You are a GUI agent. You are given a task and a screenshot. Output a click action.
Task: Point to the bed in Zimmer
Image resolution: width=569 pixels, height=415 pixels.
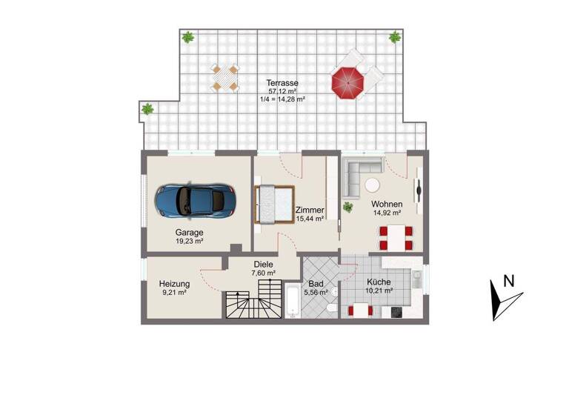[x=273, y=204]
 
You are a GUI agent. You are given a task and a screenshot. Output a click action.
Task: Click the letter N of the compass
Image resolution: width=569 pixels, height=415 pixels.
[x=508, y=281]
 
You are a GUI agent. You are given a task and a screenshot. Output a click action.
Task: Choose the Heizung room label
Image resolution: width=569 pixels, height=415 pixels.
[x=174, y=284]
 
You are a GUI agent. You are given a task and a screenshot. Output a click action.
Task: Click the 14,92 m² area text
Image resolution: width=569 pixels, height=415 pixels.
[x=387, y=213]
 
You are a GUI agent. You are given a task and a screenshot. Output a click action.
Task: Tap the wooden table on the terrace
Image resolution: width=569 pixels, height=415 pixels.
[x=224, y=78]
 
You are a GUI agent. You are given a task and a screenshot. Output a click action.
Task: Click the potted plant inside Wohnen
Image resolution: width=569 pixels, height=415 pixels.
[x=347, y=207]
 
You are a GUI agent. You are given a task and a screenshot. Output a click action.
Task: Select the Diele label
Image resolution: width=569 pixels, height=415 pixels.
[x=264, y=264]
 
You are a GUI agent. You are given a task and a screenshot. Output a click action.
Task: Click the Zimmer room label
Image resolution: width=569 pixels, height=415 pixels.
[x=309, y=210]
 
